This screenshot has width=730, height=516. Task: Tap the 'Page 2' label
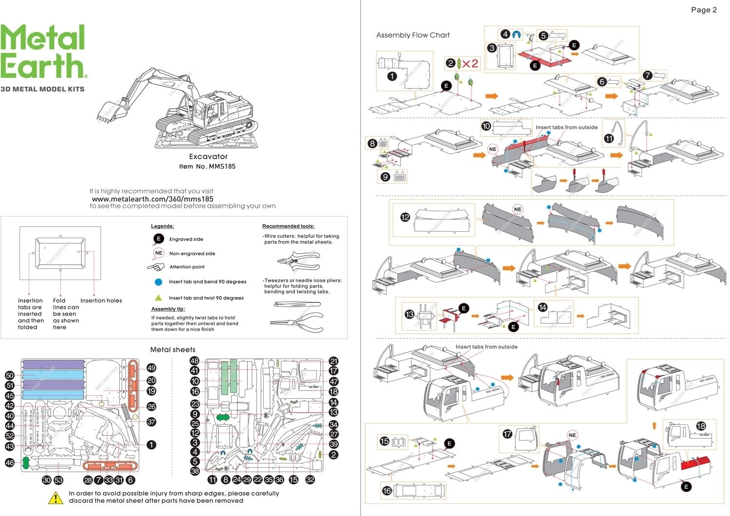[704, 10]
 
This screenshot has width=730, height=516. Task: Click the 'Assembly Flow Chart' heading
[413, 35]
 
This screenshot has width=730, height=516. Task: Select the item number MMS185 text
[207, 166]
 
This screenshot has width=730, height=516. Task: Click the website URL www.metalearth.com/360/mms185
[152, 199]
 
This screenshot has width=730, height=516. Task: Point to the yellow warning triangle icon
[56, 498]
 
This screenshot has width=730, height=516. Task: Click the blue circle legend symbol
[158, 282]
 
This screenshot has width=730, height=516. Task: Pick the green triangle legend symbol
[158, 297]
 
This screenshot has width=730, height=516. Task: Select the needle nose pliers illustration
[296, 322]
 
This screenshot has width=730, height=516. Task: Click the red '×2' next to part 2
[470, 63]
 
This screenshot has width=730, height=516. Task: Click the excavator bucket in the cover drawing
[108, 112]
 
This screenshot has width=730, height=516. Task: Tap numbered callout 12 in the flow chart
[405, 218]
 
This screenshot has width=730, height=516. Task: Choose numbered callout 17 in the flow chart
[508, 433]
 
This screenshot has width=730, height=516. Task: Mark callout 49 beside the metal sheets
[151, 368]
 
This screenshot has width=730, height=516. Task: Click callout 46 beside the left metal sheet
[10, 462]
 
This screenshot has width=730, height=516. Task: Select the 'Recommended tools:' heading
[288, 226]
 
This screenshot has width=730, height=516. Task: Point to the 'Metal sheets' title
[173, 350]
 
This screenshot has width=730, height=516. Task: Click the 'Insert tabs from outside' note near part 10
[566, 128]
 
